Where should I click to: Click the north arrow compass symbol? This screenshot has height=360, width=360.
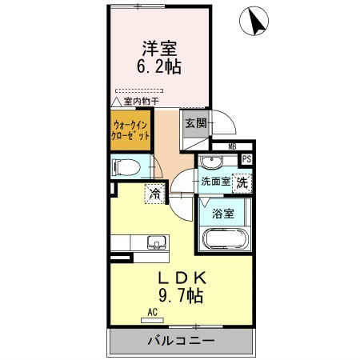pyautogui.click(x=254, y=21)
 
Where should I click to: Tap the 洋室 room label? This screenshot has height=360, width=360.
pyautogui.click(x=159, y=48)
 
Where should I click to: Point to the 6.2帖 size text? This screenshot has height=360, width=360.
pyautogui.click(x=159, y=66)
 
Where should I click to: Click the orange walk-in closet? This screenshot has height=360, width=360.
pyautogui.click(x=130, y=130)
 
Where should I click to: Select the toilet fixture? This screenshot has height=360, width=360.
pyautogui.click(x=126, y=167)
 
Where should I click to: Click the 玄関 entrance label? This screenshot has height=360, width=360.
pyautogui.click(x=196, y=123)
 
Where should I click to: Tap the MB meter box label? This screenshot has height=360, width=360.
pyautogui.click(x=232, y=146)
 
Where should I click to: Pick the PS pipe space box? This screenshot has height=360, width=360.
pyautogui.click(x=246, y=159)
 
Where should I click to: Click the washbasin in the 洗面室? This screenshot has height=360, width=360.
pyautogui.click(x=211, y=162)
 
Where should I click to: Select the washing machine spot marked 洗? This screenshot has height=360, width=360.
pyautogui.click(x=242, y=183)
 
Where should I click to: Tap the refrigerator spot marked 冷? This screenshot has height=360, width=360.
pyautogui.click(x=154, y=194)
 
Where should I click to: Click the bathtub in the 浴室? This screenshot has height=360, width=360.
pyautogui.click(x=226, y=238)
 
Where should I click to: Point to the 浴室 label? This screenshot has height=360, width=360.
pyautogui.click(x=223, y=214)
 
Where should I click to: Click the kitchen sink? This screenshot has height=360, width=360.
pyautogui.click(x=157, y=242)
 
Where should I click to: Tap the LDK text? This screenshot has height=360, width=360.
pyautogui.click(x=182, y=278)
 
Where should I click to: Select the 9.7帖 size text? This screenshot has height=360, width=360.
pyautogui.click(x=181, y=295)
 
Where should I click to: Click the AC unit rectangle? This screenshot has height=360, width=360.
pyautogui.click(x=152, y=321)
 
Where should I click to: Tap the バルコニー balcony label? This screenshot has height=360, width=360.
pyautogui.click(x=182, y=341)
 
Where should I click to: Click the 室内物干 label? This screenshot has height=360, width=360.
pyautogui.click(x=142, y=102)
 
